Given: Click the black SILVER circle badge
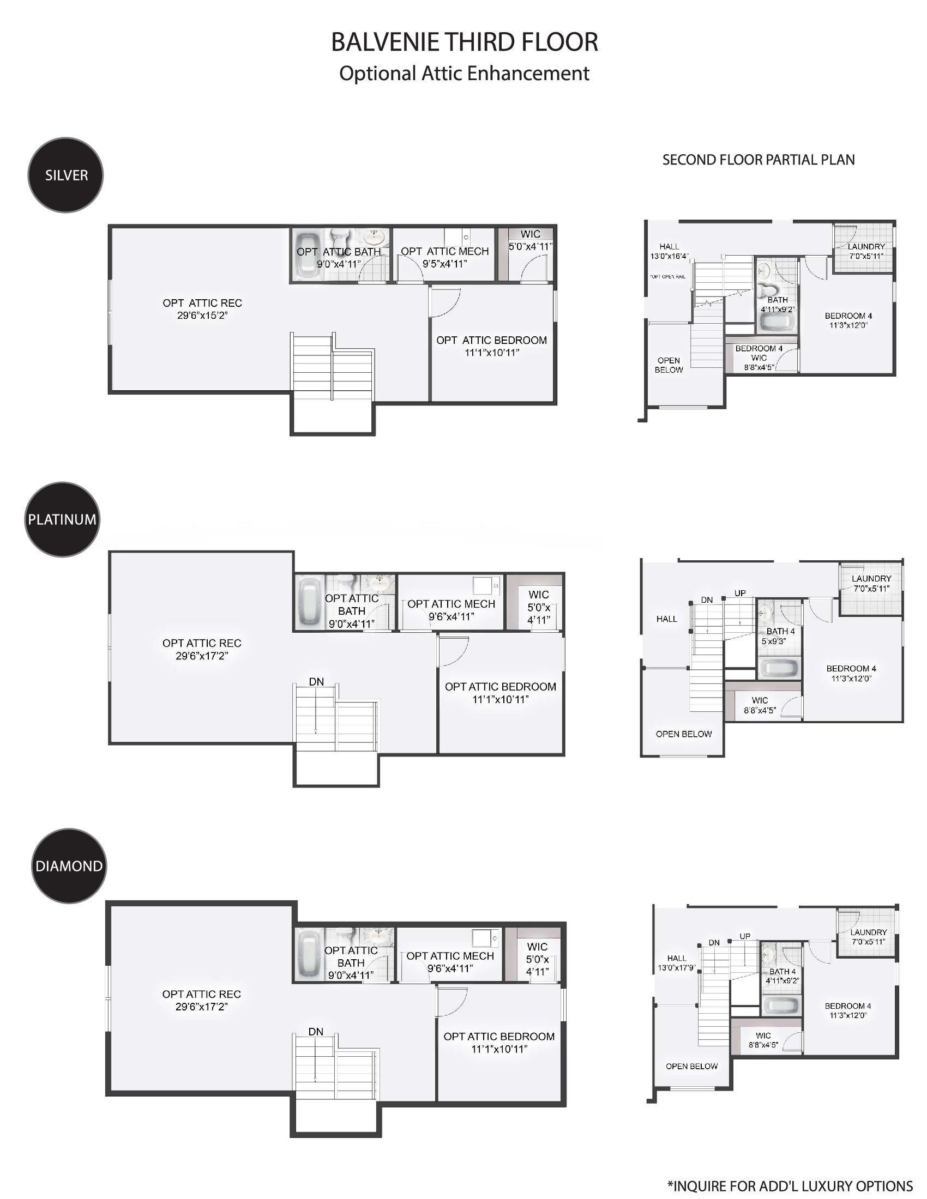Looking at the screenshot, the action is pos(65,175).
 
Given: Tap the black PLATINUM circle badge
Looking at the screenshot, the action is pos(62,519).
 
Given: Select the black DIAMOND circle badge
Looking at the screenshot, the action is pos(69,866).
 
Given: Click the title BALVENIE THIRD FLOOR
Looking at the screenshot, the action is pos(465,43).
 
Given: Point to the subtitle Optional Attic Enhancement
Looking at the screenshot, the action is pos(465,74).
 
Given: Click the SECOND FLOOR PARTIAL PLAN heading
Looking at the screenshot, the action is pos(759,160).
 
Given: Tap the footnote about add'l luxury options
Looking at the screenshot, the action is pos(790,1186).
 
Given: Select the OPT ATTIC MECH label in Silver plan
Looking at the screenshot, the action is pos(445,251).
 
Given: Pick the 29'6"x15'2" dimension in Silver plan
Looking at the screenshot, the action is pos(202,316).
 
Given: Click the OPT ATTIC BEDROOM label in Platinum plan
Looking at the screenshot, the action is pos(500,687).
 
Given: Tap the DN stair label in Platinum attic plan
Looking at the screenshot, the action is pos(316,682).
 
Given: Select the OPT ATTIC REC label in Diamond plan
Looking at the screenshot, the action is pos(202,994).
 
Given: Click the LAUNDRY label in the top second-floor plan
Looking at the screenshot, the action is pos(866,246).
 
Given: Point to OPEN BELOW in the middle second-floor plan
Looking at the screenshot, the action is pos(684,734).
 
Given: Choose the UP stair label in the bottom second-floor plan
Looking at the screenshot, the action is pos(745,936).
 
